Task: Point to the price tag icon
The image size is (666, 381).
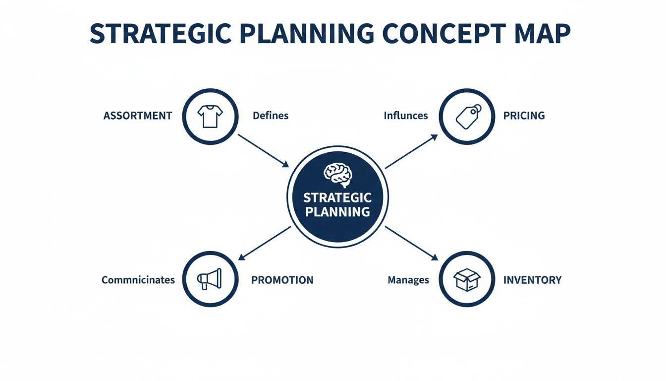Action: pos(467,116)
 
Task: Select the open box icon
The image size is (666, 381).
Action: pos(467,279)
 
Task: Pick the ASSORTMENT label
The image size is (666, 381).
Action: pos(138,116)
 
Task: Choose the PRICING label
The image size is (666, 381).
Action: pos(524,116)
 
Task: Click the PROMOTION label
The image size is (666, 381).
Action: pos(282,280)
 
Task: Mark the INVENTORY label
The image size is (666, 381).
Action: pos(532,280)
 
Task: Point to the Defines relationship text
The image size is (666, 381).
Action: pos(271,116)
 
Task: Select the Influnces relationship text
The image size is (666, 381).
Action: pos(405,116)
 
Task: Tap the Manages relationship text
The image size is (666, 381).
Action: pos(408,280)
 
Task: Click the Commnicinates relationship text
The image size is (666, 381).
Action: pos(138,280)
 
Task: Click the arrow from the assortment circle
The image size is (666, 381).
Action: pos(263,150)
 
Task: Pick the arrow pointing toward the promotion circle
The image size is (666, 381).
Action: pos(265,243)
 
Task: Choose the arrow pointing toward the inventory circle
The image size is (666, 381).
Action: pos(412,243)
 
